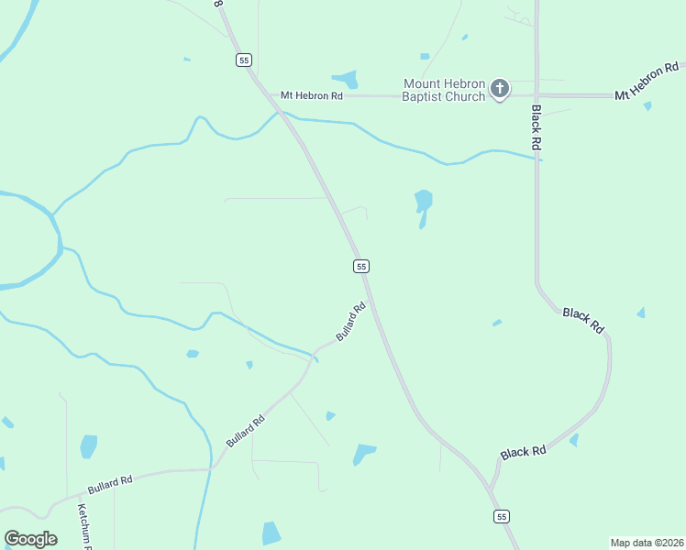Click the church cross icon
pos(500,89)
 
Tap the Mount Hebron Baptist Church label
pos(444,90)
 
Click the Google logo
pos(30,539)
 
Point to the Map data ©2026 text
pos(647,543)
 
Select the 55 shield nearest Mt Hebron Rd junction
pos(243,60)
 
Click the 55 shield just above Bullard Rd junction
pos(361,266)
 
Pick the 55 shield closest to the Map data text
pos(501,517)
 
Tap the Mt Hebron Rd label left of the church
pos(311,94)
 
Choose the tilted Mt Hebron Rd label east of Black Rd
pos(647,82)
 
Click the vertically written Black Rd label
pos(537,127)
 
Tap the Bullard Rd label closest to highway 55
pos(351,323)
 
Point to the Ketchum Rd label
pos(85,526)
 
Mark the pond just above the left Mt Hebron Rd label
pos(346,79)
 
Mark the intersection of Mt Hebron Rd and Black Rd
pos(537,94)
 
